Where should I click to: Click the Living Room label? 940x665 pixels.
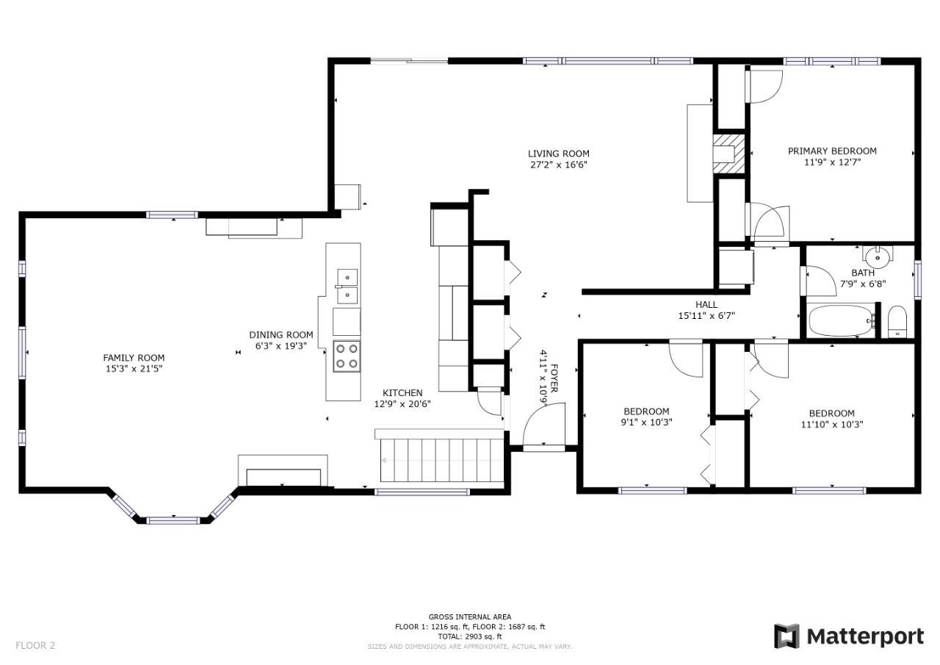(x=559, y=154)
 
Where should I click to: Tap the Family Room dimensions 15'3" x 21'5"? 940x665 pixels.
(x=134, y=369)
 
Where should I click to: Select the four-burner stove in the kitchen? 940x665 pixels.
(x=347, y=356)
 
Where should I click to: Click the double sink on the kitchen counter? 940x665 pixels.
(x=347, y=287)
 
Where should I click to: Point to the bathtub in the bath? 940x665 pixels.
(x=841, y=320)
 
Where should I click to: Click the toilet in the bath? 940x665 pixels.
(x=897, y=322)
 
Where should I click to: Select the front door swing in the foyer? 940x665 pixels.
(x=544, y=424)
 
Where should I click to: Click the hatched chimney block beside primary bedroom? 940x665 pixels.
(x=729, y=154)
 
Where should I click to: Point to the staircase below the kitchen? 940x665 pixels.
(x=441, y=460)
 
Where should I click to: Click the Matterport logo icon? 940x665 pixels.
(x=787, y=636)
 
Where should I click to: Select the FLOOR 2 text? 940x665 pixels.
(x=35, y=645)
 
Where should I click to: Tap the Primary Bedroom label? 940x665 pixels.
(x=832, y=151)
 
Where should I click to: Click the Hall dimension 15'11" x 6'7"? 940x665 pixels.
(x=706, y=316)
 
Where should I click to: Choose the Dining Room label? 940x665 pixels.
(x=281, y=335)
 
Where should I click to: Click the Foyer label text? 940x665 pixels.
(x=554, y=378)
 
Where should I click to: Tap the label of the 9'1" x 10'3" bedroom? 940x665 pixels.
(x=647, y=411)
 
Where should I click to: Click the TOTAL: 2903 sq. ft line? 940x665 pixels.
(x=470, y=636)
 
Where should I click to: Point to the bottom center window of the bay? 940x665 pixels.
(x=173, y=520)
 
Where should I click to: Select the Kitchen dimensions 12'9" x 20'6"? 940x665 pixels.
(x=402, y=404)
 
